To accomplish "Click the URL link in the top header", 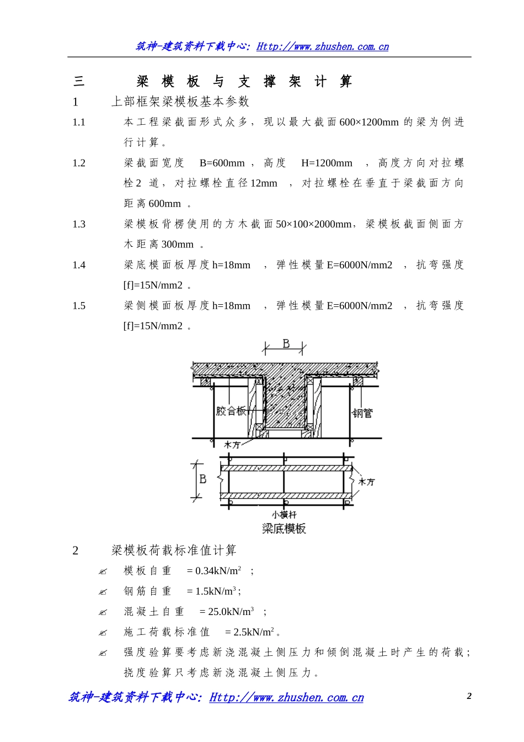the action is coord(323,46).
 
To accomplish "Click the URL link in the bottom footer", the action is coord(286,697).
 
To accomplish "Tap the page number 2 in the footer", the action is coord(469,696).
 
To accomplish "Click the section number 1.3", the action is coord(79,224).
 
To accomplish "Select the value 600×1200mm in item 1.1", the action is coord(369,122).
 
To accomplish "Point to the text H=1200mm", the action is coord(327,163).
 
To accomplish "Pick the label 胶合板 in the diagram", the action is coord(231,411).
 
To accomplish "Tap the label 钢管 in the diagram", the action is coord(362,414).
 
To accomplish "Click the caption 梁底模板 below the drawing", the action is coord(284,528).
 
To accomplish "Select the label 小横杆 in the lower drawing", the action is coord(284,515).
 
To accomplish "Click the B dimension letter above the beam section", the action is coord(286,344).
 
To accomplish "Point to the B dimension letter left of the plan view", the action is coord(202,479).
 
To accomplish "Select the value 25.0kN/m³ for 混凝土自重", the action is coord(231,611).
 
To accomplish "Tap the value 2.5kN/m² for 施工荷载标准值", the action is coord(254,632).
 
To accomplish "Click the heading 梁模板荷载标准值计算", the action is coord(174,550).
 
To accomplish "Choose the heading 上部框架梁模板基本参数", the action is coord(180,102).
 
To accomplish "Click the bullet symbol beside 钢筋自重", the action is coord(103,592).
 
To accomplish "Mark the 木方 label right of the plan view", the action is coord(366,482).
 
